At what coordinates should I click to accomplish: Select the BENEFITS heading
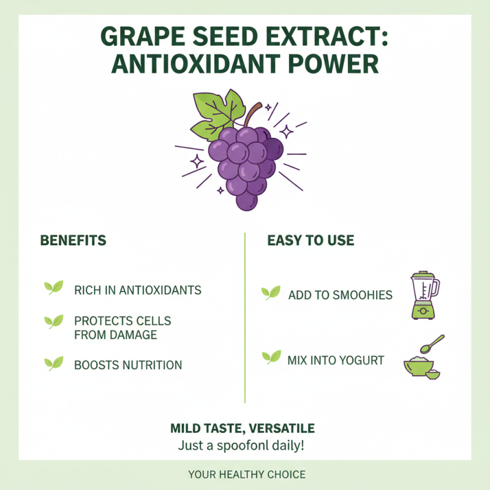tap(73, 240)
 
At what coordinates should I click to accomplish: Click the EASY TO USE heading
tap(311, 240)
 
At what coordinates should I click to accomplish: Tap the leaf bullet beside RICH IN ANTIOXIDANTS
tap(53, 287)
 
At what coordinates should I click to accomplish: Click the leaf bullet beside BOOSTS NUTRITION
tap(53, 363)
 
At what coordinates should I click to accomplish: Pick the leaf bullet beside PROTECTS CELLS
tap(53, 320)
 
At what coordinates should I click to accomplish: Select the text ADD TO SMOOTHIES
tap(340, 295)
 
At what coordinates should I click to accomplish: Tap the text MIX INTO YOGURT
tap(336, 360)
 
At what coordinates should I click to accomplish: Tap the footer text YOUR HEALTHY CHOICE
tap(247, 475)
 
